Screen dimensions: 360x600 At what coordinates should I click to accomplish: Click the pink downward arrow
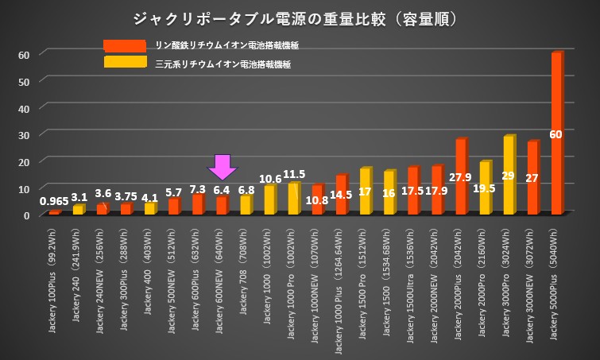pyautogui.click(x=223, y=166)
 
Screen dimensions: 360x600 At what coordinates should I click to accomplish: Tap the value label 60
pyautogui.click(x=556, y=134)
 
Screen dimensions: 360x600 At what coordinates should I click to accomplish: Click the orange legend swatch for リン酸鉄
pyautogui.click(x=124, y=46)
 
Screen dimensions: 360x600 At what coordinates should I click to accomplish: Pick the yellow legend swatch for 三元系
pyautogui.click(x=124, y=63)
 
